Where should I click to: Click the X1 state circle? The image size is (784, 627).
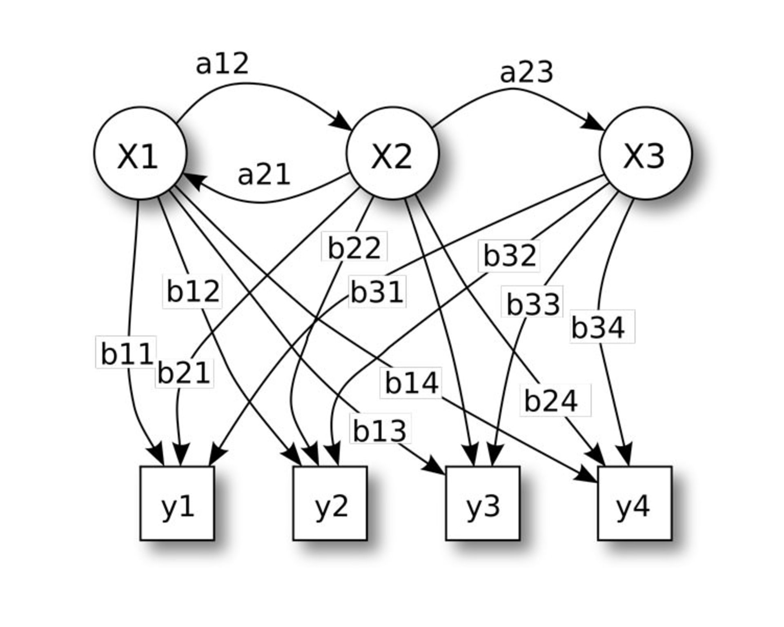tap(140, 153)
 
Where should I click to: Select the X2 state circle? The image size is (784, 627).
tap(392, 153)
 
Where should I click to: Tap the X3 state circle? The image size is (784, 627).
tap(645, 153)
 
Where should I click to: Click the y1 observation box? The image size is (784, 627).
tap(177, 503)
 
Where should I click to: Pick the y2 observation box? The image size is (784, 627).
tap(330, 503)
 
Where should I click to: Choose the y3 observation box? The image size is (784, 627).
tap(482, 503)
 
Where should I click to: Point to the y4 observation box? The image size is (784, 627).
tap(635, 503)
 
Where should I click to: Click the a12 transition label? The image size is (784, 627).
tap(222, 64)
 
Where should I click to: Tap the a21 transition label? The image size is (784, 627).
tap(264, 175)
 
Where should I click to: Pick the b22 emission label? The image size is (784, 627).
tap(354, 247)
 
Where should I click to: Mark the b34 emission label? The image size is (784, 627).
tap(598, 327)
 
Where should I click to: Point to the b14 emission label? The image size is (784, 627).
tap(412, 383)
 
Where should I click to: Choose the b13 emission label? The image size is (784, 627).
tap(380, 431)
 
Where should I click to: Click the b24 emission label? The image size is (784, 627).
tap(551, 401)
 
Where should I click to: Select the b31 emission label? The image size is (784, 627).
tap(377, 292)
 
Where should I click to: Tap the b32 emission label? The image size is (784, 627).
tap(509, 256)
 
